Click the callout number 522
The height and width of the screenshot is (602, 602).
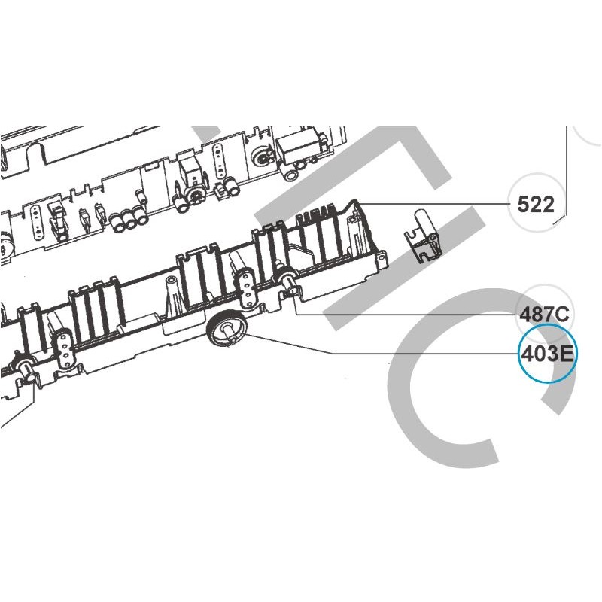point(536,204)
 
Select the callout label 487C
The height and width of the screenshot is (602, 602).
point(544,315)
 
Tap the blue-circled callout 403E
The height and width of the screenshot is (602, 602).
point(547,354)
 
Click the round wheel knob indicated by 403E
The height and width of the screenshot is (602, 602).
point(227,328)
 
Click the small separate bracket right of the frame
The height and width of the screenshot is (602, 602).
point(422,236)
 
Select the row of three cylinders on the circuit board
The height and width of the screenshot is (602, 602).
point(128,219)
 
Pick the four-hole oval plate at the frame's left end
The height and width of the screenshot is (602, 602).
point(63,348)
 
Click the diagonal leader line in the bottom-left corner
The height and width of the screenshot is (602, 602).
point(17,407)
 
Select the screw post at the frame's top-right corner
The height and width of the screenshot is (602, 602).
point(353,230)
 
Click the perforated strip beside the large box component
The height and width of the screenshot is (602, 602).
point(219,161)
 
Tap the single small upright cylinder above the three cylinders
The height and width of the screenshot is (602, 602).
point(141,196)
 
